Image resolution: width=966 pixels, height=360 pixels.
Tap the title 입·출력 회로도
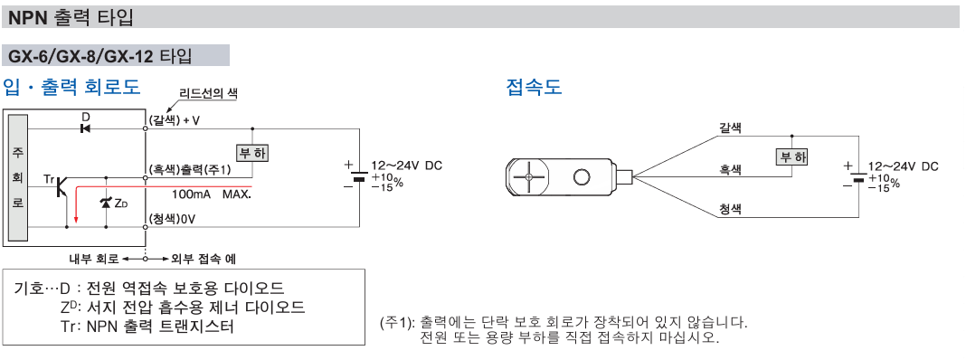tap(72, 87)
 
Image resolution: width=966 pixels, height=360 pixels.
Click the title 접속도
tap(534, 87)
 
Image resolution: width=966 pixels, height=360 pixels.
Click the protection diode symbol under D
tap(86, 128)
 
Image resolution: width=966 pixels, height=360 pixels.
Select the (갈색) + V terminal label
tap(175, 119)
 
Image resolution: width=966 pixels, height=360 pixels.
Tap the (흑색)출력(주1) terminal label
tap(190, 169)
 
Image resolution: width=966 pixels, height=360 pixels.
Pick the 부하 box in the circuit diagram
tap(252, 152)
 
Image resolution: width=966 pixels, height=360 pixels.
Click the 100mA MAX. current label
tap(211, 194)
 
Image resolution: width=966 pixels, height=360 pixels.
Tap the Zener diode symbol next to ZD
tap(107, 204)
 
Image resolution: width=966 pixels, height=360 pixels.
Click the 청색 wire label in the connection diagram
tap(730, 208)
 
